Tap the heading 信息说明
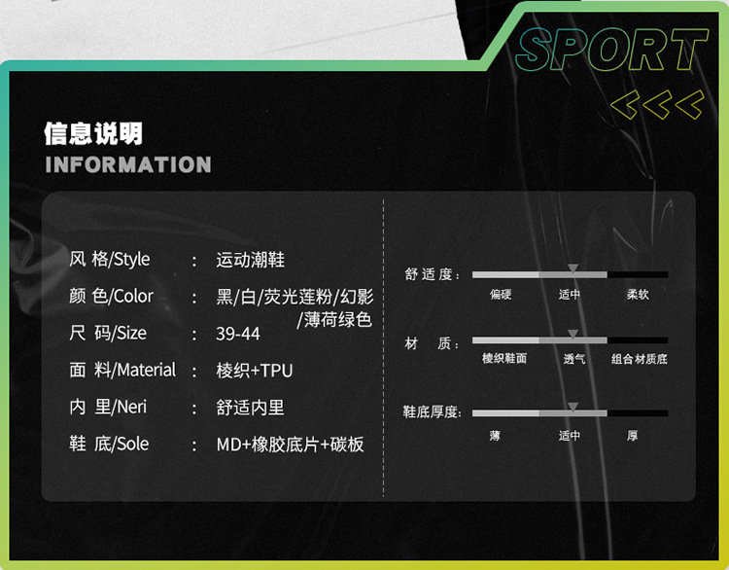coord(93,133)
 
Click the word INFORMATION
coord(127,164)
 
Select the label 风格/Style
coord(109,259)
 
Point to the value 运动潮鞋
coord(250,260)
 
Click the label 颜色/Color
coord(111,296)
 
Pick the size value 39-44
coord(238,334)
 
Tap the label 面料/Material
coord(122,370)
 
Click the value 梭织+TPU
coord(255,371)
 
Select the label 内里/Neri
coord(108,408)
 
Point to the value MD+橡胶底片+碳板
coord(291,445)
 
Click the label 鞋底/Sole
coord(109,444)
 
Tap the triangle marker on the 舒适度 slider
coord(573,267)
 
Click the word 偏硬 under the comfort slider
coord(501,294)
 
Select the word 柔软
coord(638,294)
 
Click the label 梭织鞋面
coord(504,358)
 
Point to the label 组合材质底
coord(639,359)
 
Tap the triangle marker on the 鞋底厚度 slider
coord(573,407)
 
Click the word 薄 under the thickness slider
coord(495,436)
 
